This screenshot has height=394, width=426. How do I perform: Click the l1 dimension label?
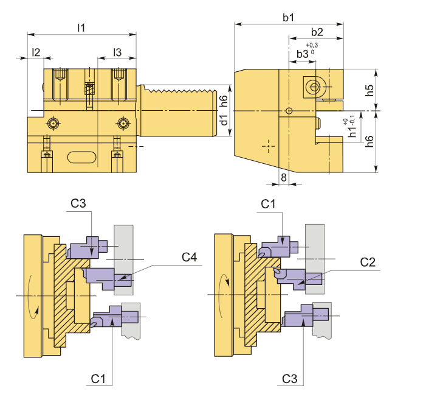(81, 27)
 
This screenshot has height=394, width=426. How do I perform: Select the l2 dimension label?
(36, 53)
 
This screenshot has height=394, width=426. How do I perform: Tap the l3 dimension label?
(117, 53)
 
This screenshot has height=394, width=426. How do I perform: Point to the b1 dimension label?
(288, 18)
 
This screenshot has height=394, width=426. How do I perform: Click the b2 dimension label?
(316, 32)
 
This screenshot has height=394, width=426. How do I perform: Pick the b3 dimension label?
(303, 55)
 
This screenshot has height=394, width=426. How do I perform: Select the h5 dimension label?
(370, 91)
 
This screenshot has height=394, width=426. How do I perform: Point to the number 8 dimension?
(283, 177)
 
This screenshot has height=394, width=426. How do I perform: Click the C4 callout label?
(190, 258)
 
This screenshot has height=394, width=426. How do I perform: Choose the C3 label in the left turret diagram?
(78, 203)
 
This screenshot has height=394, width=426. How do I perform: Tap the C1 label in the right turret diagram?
(269, 203)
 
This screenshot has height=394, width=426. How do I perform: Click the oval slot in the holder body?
(82, 158)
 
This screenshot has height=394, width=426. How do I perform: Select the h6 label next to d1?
(224, 100)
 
